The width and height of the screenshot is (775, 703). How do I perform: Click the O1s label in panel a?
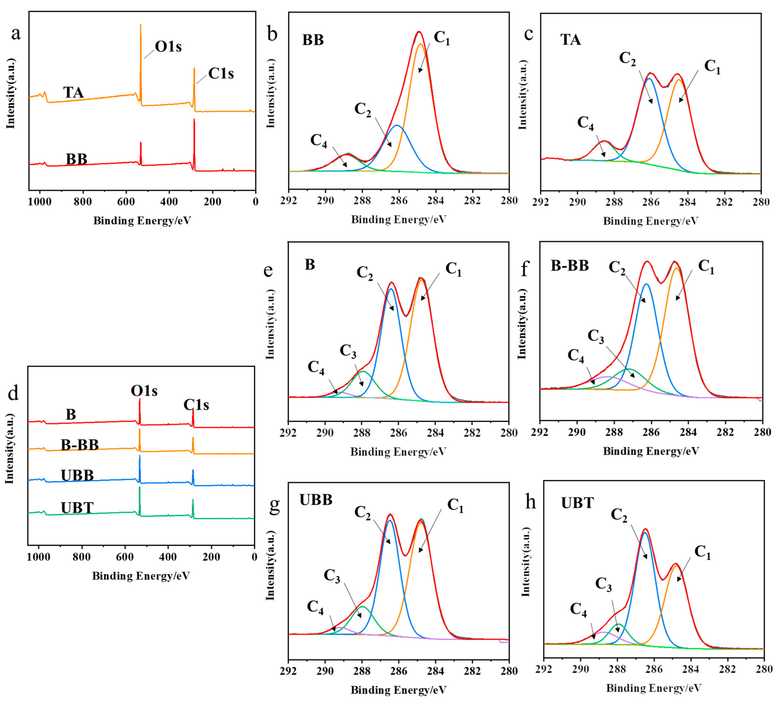(168, 46)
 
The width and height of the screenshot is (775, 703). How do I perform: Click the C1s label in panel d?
(196, 405)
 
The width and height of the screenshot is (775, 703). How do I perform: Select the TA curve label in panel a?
(73, 93)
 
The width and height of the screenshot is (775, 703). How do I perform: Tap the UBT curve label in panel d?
(77, 508)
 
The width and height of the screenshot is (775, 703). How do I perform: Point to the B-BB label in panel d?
(80, 445)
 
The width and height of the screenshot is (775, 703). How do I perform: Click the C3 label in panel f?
(596, 336)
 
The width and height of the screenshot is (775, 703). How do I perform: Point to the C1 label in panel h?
(702, 552)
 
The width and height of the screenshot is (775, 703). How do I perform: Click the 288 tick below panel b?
(362, 200)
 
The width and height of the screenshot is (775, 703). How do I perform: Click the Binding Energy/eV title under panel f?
(650, 451)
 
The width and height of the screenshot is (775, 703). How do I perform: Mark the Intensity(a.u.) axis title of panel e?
(270, 325)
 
